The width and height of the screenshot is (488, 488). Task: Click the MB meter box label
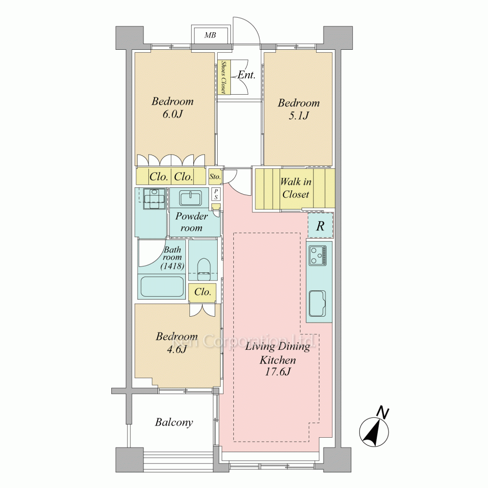(x=210, y=35)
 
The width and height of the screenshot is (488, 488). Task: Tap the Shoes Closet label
(x=223, y=77)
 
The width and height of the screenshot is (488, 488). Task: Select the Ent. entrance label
(x=246, y=75)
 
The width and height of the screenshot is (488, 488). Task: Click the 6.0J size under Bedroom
(x=172, y=115)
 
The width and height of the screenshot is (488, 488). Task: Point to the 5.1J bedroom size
(x=299, y=116)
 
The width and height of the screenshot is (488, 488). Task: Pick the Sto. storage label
(x=215, y=177)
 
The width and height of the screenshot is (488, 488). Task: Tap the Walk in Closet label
(x=296, y=188)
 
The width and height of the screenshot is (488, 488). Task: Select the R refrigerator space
(x=320, y=226)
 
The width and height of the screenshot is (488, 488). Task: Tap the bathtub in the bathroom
(x=162, y=286)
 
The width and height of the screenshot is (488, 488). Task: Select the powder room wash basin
(x=190, y=198)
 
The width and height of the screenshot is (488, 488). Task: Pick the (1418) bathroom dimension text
(x=172, y=266)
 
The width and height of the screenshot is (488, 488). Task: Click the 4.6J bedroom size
(x=176, y=349)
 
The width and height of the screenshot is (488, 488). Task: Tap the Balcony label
(x=174, y=422)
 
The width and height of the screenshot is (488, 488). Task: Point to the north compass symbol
(x=374, y=429)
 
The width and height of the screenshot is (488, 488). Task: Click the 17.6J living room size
(x=277, y=371)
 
